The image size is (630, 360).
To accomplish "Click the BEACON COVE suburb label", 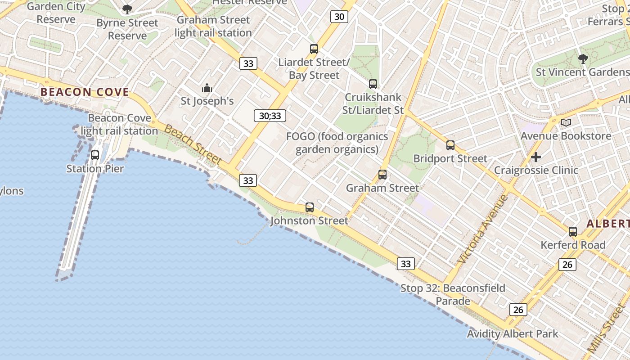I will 85,92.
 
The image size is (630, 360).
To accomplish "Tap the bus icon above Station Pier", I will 95,155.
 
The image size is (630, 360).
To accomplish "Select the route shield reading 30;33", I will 270,116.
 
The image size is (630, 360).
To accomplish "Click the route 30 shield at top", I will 339,17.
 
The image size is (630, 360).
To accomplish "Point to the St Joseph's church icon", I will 207,88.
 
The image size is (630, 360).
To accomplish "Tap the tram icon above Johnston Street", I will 310,207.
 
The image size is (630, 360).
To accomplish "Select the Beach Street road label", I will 193,145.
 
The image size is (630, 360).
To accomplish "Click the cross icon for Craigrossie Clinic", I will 536,157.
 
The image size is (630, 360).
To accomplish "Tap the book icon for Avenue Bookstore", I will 566,122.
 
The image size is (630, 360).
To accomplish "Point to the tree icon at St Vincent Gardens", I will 583,58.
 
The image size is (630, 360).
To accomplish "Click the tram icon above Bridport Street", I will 450,145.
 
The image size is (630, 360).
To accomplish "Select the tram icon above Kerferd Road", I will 573,232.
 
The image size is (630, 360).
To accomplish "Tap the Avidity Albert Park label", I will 513,334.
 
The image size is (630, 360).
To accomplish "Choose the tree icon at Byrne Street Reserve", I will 127,9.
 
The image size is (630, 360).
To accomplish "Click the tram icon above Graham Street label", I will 382,175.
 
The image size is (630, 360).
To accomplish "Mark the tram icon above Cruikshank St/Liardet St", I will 373,84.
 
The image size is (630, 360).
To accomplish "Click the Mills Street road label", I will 607,328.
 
